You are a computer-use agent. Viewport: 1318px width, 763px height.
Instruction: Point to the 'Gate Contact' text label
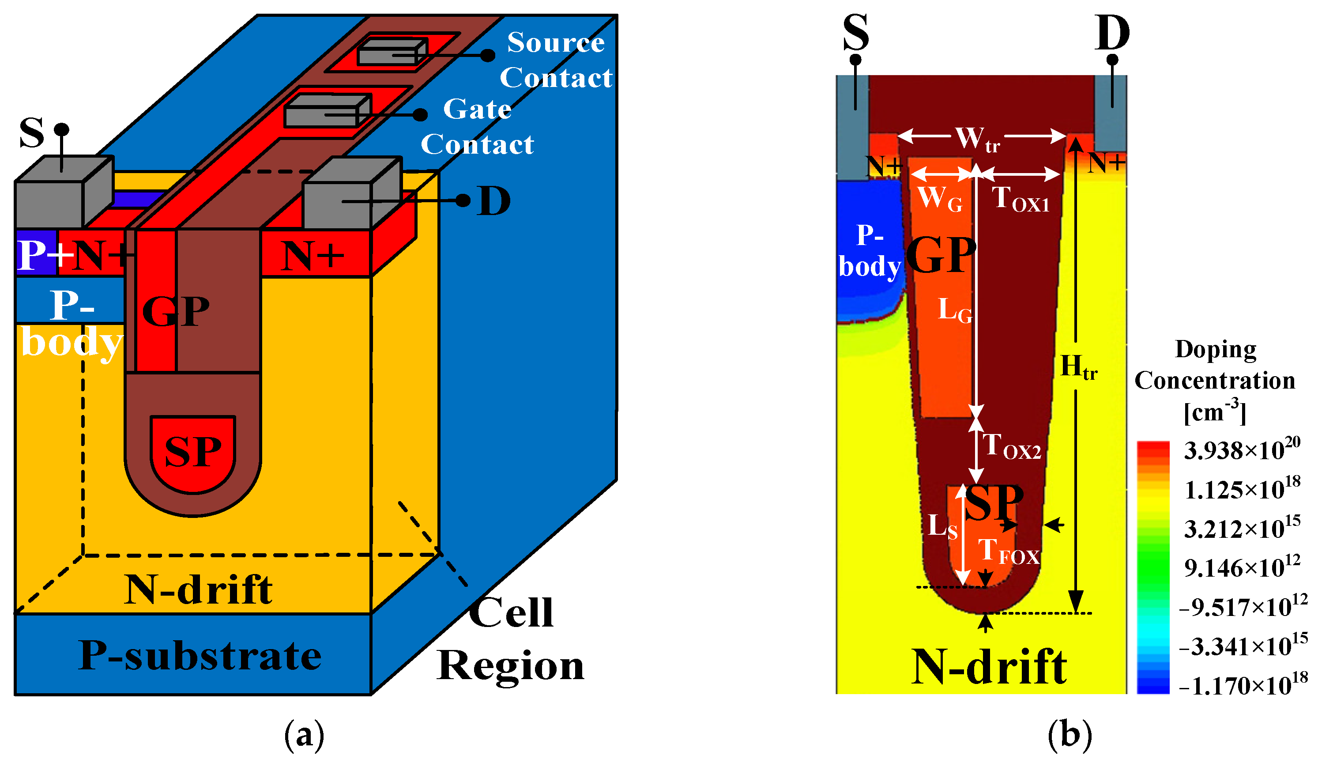tap(478, 127)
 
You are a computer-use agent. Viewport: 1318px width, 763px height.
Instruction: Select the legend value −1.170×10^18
tap(1243, 685)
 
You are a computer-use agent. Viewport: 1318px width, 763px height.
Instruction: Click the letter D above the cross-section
tap(1112, 32)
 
